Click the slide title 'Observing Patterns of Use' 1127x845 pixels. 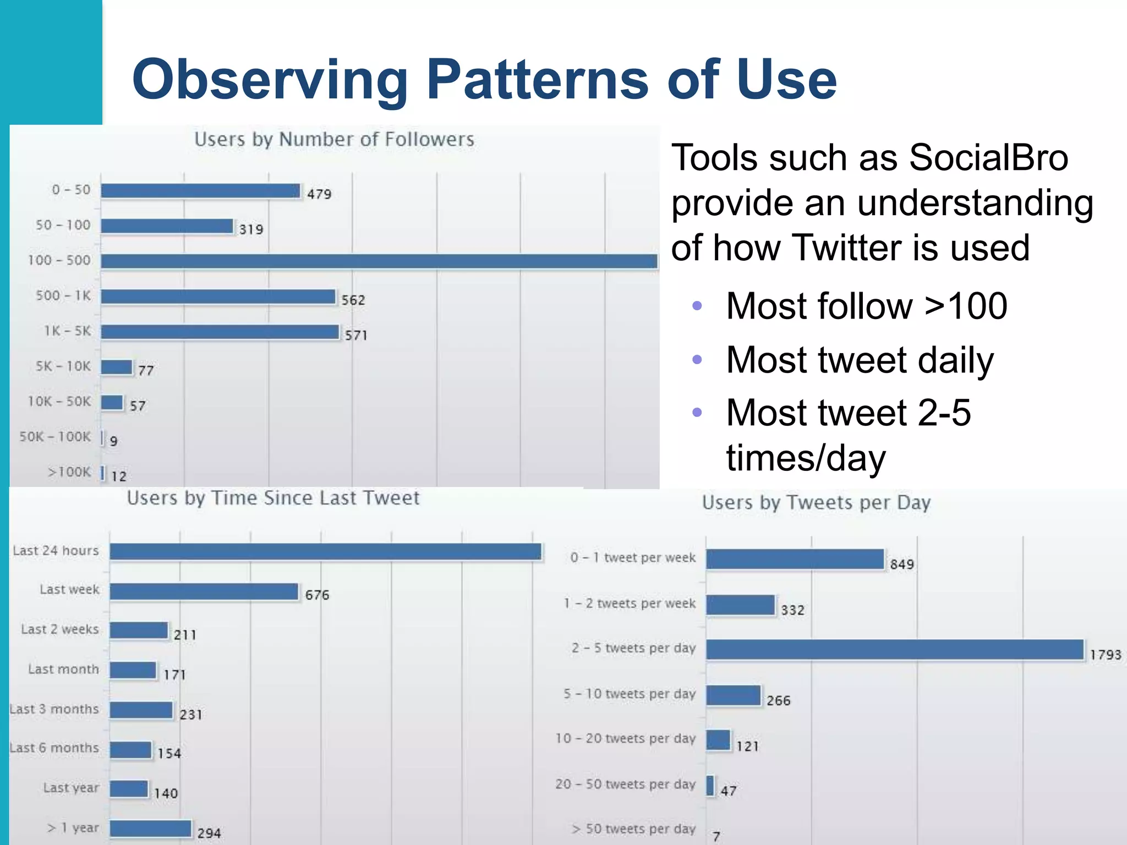tap(484, 80)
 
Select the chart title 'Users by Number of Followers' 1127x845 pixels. tap(334, 140)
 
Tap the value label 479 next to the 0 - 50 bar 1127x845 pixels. tap(319, 194)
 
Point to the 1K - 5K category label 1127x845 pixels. tap(68, 331)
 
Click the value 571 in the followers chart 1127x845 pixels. tap(356, 335)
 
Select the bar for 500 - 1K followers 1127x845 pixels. tap(218, 297)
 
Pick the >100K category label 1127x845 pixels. tap(69, 472)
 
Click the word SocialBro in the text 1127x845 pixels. tap(988, 158)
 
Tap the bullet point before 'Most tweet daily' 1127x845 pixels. tap(697, 360)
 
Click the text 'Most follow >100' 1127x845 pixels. tap(866, 306)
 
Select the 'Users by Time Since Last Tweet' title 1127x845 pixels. tap(273, 498)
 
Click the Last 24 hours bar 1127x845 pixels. tap(326, 552)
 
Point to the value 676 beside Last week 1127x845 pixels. tap(317, 595)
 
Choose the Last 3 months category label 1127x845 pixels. tap(54, 709)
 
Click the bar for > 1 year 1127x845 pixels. tap(150, 828)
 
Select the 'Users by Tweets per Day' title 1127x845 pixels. tap(816, 503)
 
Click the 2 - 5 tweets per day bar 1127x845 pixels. tap(895, 650)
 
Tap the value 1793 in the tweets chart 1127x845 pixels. tap(1105, 655)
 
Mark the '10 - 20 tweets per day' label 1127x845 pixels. tap(625, 738)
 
